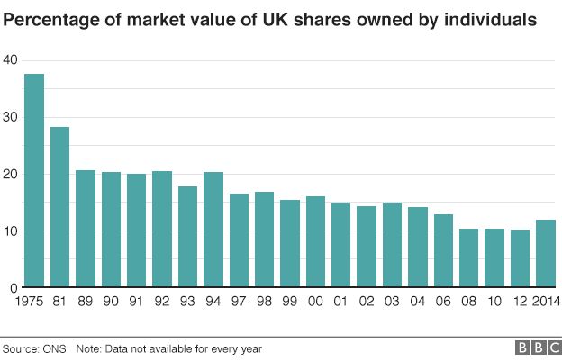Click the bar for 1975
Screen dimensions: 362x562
34,181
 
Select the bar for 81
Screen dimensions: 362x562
60,208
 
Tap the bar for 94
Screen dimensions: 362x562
213,230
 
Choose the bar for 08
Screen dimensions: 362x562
469,258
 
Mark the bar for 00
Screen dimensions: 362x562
316,242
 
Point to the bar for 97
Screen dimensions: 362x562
239,240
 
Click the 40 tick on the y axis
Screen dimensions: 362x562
10,59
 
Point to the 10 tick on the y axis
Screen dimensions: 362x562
10,231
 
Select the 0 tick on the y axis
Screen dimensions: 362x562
14,288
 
